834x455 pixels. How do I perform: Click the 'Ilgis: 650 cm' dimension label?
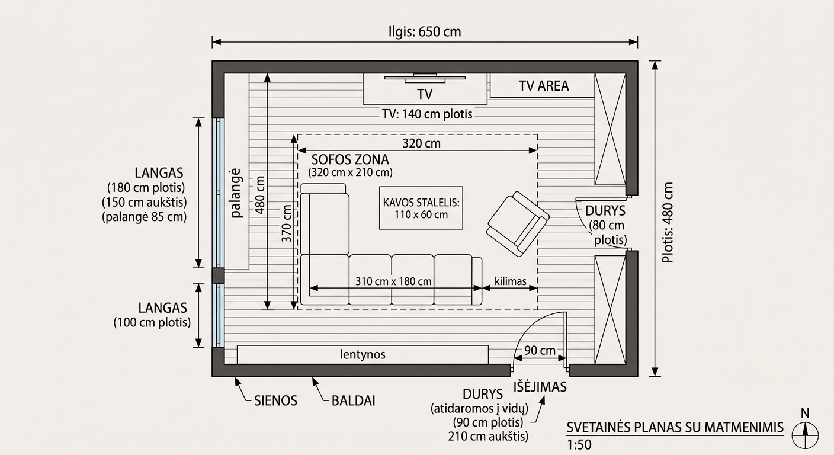point(425,31)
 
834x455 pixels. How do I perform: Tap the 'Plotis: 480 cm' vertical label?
point(668,222)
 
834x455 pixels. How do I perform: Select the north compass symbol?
point(805,431)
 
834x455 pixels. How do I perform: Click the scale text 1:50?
point(579,445)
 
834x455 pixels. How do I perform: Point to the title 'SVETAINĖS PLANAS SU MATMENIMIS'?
point(675,427)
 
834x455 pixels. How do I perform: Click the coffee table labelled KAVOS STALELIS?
point(421,208)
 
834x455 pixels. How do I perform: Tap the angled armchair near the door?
point(518,224)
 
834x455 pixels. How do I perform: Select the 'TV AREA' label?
point(544,86)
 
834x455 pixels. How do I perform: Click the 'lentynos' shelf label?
point(363,354)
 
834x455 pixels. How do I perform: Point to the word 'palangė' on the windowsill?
point(236,193)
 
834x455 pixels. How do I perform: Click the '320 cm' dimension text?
point(422,143)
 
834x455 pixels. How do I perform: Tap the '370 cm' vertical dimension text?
point(286,223)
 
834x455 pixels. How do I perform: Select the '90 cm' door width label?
point(540,350)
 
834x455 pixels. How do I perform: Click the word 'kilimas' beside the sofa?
point(511,281)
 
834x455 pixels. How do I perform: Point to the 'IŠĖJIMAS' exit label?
point(540,387)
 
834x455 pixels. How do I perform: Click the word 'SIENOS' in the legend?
point(275,401)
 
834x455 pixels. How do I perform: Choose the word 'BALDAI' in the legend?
point(354,401)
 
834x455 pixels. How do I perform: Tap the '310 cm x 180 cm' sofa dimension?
point(393,281)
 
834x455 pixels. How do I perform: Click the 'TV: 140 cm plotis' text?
point(427,114)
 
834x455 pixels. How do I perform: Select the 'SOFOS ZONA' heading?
point(350,160)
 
